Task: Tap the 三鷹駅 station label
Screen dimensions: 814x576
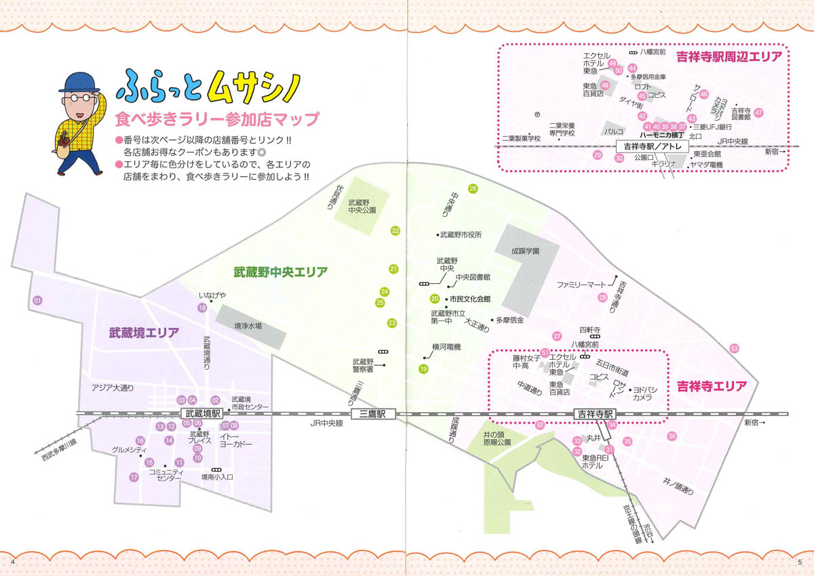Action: coord(373,415)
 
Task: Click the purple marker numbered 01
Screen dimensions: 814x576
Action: coord(37,300)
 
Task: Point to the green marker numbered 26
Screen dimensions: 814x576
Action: coord(473,188)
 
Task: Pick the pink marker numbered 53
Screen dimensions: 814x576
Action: coord(734,348)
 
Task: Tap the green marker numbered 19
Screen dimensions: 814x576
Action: coord(424,369)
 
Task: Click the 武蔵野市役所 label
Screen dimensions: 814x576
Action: coord(461,235)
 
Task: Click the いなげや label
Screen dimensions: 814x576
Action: coord(212,295)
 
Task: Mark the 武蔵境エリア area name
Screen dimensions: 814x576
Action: coord(144,333)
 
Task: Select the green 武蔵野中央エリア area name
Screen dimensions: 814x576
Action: coord(281,272)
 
